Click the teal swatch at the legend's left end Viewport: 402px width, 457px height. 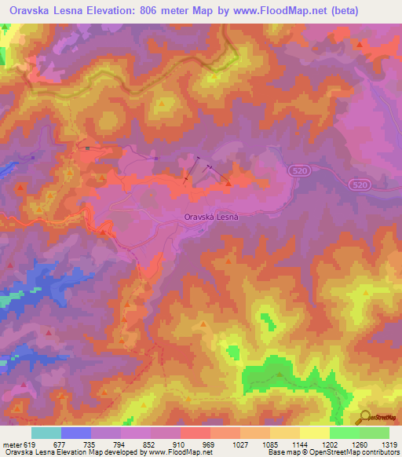tap(46, 432)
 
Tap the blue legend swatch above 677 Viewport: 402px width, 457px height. tap(75, 432)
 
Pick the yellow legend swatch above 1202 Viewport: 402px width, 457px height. tap(314, 432)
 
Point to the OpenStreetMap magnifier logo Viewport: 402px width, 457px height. tap(365, 417)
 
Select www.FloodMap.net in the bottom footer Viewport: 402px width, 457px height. tap(172, 452)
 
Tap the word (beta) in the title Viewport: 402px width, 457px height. tap(380, 10)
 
